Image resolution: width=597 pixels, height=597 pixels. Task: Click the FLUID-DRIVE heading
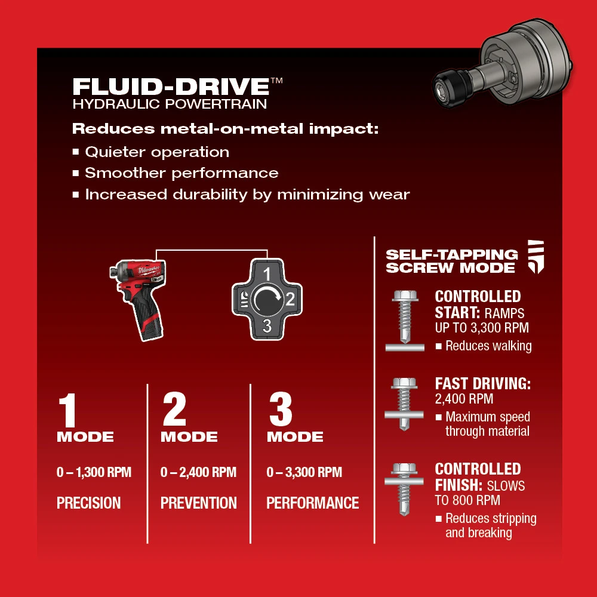171,86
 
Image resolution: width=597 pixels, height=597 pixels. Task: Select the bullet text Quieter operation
156,152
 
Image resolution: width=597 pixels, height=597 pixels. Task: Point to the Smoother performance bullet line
181,173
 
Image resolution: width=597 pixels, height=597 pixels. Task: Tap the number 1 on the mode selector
267,274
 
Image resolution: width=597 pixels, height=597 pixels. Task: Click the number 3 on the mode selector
267,325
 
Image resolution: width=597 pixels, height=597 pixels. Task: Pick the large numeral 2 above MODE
174,410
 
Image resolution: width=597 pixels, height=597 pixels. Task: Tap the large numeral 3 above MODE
280,410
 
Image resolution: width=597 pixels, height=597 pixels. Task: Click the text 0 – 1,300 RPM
94,473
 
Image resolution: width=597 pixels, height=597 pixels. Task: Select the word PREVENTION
198,503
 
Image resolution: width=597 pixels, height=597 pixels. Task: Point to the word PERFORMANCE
312,503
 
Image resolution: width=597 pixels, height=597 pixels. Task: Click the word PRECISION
88,503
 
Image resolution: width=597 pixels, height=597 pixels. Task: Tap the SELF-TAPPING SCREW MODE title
451,261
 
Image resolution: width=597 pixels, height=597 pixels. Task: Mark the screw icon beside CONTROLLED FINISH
404,488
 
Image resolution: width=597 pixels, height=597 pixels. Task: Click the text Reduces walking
488,346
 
